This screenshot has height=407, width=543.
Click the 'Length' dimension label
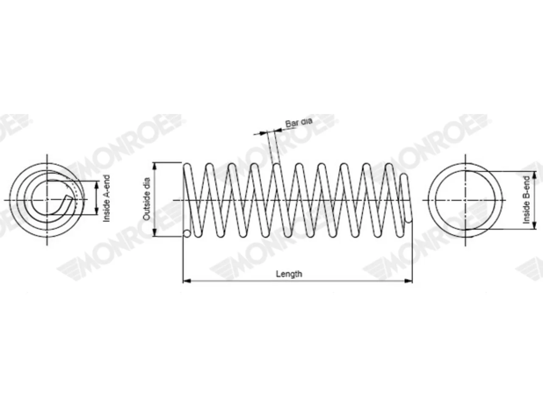(289, 274)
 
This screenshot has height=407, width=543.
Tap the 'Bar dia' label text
(299, 122)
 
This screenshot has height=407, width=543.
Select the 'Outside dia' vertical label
(147, 199)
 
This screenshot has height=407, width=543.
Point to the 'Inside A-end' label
(106, 198)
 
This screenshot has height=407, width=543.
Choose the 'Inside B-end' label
(526, 200)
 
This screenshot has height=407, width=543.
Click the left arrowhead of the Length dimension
(187, 281)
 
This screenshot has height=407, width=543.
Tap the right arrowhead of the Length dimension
(409, 281)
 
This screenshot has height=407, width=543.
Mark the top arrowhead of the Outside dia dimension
(155, 166)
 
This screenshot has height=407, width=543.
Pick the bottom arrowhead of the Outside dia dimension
(155, 232)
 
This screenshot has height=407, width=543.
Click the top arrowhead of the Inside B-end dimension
(535, 175)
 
